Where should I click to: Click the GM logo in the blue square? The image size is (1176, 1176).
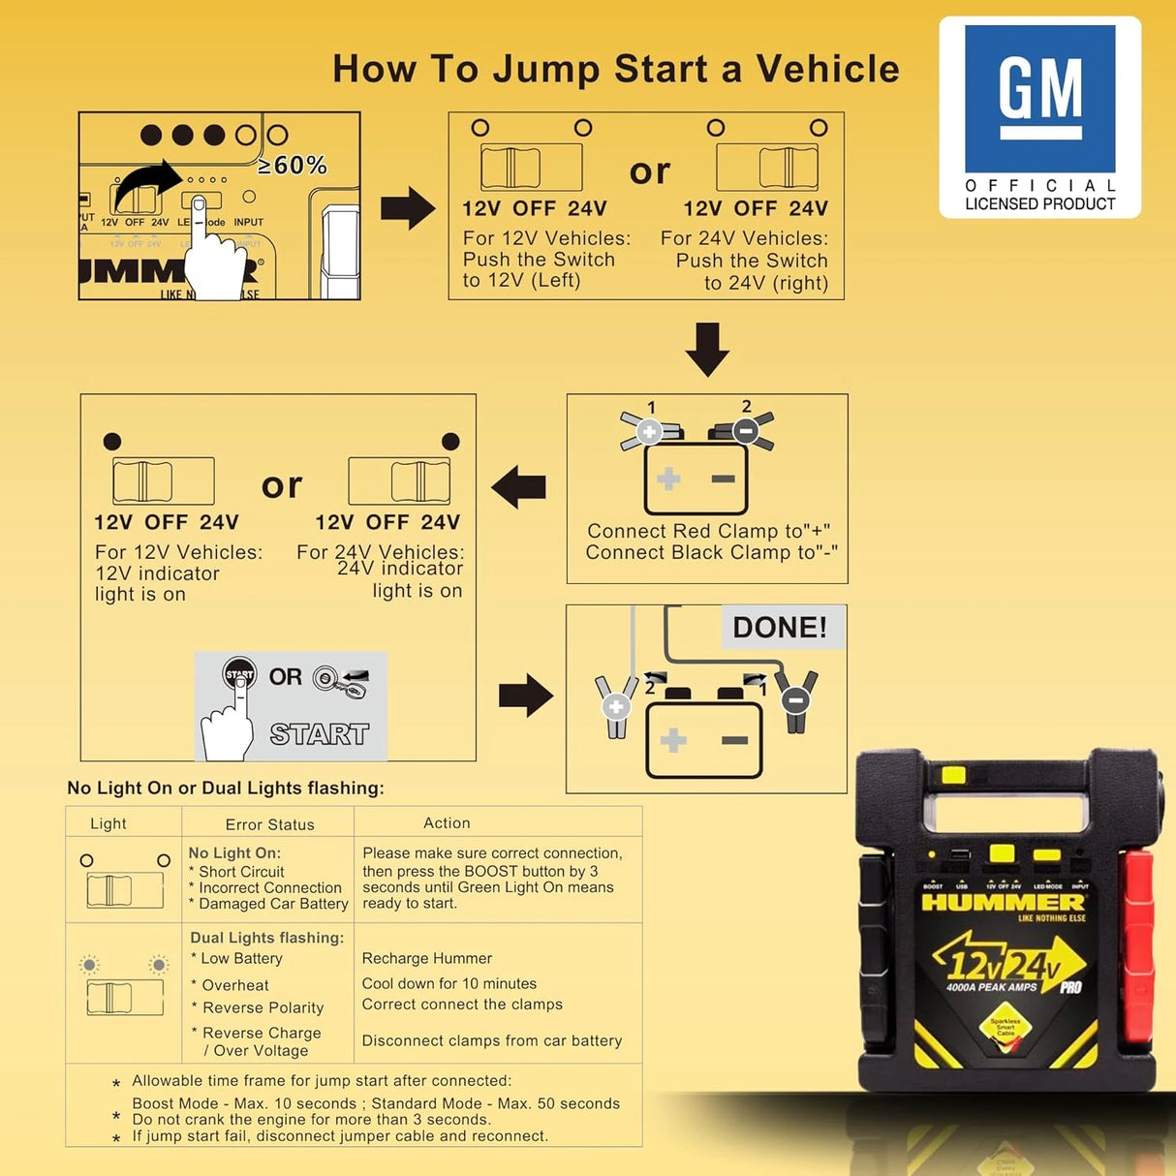(1039, 98)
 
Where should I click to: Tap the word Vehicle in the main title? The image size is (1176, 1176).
(827, 69)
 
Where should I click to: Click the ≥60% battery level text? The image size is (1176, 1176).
(293, 166)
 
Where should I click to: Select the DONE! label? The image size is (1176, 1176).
(780, 627)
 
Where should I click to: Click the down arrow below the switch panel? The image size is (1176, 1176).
(707, 349)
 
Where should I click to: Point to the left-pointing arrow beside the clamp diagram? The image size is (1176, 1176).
(519, 486)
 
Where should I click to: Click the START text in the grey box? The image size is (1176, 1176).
(319, 734)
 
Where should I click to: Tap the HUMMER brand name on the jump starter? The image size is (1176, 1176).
(1004, 903)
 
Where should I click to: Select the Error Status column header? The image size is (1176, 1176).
(269, 824)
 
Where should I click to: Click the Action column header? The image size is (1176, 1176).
(447, 822)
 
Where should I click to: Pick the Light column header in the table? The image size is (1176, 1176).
(108, 823)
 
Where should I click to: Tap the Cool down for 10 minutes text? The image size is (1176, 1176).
(449, 983)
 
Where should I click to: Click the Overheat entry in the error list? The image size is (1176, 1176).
(235, 985)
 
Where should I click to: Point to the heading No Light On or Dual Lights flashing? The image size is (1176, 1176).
(226, 788)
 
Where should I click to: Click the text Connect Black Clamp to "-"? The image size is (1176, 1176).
(711, 552)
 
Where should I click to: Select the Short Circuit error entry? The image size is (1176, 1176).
(241, 871)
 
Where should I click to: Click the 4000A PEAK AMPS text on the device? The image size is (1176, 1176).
(991, 987)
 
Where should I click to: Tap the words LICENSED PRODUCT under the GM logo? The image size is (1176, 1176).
(1039, 203)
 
